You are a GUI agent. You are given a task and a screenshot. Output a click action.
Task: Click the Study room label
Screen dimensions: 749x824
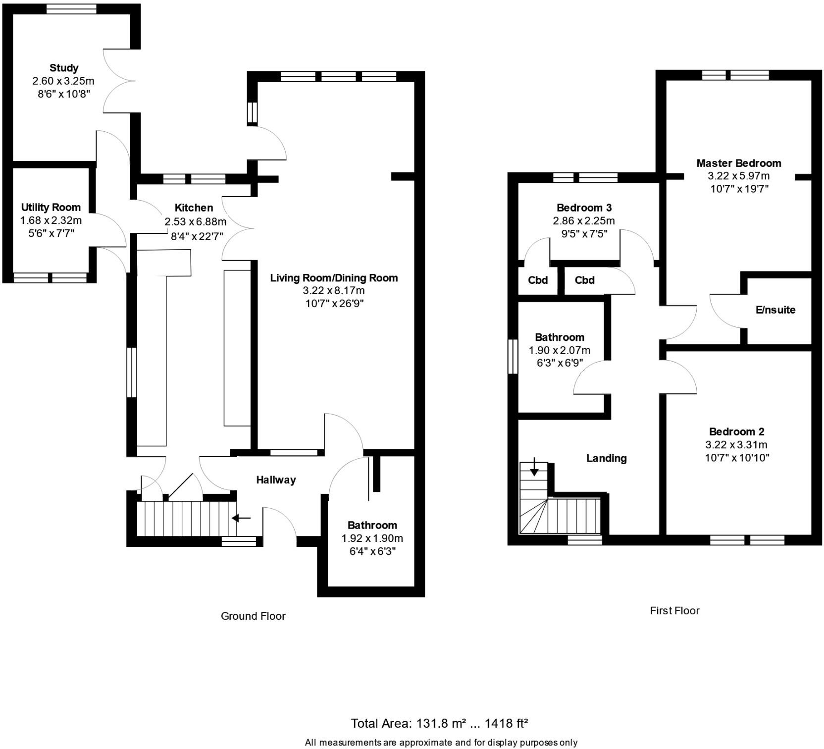(x=64, y=68)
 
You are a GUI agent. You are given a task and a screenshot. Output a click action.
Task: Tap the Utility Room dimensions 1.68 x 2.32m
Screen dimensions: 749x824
(x=51, y=220)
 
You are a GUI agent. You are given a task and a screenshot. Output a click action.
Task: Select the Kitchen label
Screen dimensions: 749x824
(x=194, y=208)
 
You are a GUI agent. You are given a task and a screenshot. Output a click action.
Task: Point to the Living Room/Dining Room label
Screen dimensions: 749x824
(x=334, y=278)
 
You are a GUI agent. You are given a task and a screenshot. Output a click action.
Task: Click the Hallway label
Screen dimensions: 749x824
(x=276, y=480)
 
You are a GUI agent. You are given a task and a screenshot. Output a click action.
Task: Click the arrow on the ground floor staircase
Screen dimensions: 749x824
(x=241, y=518)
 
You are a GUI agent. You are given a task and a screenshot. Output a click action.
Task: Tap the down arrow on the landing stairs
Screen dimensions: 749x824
(x=534, y=468)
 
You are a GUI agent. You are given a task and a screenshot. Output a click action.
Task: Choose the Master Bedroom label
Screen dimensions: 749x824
(x=738, y=163)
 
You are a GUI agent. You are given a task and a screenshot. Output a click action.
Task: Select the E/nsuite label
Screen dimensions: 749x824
(x=775, y=310)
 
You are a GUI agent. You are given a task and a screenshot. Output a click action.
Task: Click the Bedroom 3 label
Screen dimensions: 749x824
(x=583, y=208)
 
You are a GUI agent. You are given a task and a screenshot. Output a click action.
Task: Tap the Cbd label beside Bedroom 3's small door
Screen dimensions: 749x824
(x=538, y=280)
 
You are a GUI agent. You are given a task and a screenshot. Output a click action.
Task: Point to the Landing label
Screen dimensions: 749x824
(x=606, y=458)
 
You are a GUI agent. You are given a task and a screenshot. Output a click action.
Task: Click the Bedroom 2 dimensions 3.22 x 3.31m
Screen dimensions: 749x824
(x=736, y=444)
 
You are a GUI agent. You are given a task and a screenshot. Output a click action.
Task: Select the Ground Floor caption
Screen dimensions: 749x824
(x=253, y=616)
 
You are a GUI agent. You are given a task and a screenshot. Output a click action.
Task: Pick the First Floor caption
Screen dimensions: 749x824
(x=674, y=610)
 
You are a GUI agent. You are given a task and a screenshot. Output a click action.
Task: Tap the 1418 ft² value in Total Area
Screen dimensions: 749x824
(x=506, y=723)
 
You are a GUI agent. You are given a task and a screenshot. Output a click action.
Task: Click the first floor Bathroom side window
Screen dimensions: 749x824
(x=513, y=356)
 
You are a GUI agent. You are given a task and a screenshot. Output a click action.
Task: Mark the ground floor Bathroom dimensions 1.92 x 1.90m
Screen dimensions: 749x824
(x=372, y=538)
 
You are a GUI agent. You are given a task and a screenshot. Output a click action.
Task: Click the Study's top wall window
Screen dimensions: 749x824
(x=71, y=9)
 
